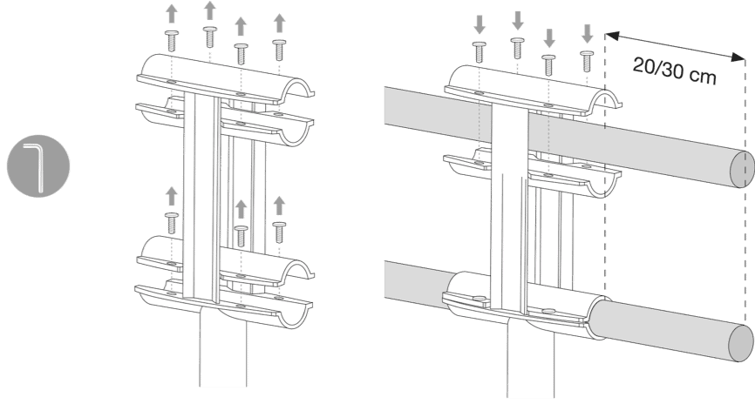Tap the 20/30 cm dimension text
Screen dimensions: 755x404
(x=675, y=71)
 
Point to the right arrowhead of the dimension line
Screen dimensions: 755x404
(x=738, y=57)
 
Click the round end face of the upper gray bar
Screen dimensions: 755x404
(x=742, y=169)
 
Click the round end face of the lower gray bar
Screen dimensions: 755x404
(x=741, y=342)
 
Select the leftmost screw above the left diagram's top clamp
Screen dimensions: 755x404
(x=172, y=41)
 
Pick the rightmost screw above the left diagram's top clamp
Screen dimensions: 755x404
(x=279, y=50)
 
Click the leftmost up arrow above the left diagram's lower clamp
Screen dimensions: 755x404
(x=172, y=197)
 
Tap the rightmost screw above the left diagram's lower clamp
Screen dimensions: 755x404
(x=279, y=232)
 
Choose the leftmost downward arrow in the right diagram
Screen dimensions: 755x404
(x=480, y=25)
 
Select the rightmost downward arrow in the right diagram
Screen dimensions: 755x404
(x=587, y=34)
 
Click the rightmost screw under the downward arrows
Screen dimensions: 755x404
(x=587, y=61)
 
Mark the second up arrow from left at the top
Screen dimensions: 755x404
(x=209, y=10)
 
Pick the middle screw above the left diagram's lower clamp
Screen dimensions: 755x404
(x=241, y=236)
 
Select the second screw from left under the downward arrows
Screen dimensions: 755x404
(x=517, y=48)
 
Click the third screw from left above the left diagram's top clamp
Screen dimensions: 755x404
(x=241, y=54)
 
